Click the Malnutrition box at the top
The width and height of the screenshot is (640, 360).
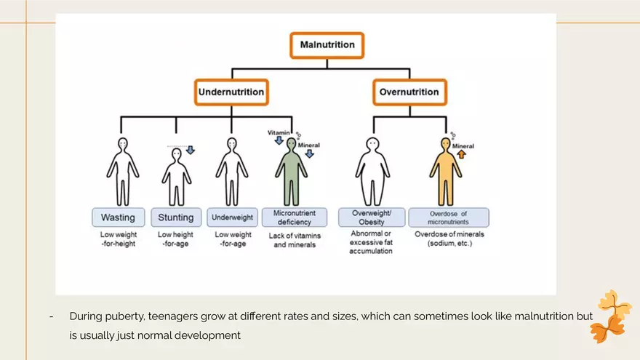[x=327, y=45]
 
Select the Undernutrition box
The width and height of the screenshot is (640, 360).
[x=231, y=92]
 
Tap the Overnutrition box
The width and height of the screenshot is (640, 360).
[x=409, y=92]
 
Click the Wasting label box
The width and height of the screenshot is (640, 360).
[x=118, y=217]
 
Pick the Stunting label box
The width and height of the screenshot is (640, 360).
[x=176, y=217]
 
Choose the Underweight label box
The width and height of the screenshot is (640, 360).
[x=232, y=217]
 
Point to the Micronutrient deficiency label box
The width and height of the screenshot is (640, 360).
[x=294, y=217]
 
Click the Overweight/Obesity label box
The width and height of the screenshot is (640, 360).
[x=372, y=217]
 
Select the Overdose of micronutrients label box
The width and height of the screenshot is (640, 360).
[x=448, y=217]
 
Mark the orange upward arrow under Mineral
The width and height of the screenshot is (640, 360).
[x=461, y=154]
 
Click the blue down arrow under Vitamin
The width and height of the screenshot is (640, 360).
[x=279, y=141]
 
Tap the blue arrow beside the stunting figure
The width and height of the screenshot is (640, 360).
[x=191, y=150]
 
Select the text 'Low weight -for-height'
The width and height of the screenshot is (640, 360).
[x=118, y=240]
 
